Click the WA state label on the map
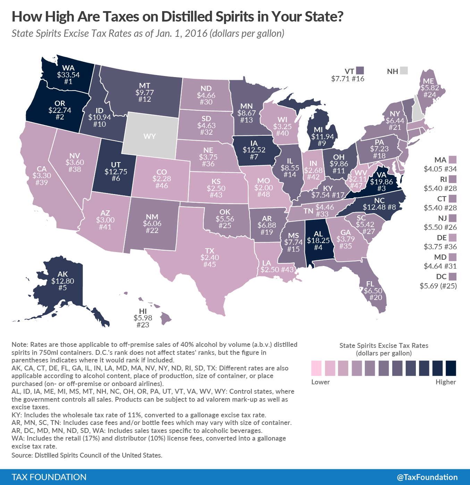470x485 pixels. pos(68,68)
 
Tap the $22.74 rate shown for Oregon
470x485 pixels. pos(60,110)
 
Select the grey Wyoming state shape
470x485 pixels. pos(150,136)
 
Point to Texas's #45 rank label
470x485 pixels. pos(210,264)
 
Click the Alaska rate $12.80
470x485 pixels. pos(63,281)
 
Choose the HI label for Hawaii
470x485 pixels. pos(143,311)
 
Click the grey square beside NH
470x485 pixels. pos(404,71)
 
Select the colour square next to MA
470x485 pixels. pos(452,160)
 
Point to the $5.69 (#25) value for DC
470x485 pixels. pos(438,286)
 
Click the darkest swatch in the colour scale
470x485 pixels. pos(451,368)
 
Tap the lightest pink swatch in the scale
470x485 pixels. pos(317,368)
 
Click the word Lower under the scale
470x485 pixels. pos(320,382)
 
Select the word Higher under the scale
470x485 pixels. pos(446,382)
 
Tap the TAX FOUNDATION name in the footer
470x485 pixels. pos(49,477)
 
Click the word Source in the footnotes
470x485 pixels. pos(22,455)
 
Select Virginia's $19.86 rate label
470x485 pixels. pos(381,182)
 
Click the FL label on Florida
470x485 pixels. pos(370,284)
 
